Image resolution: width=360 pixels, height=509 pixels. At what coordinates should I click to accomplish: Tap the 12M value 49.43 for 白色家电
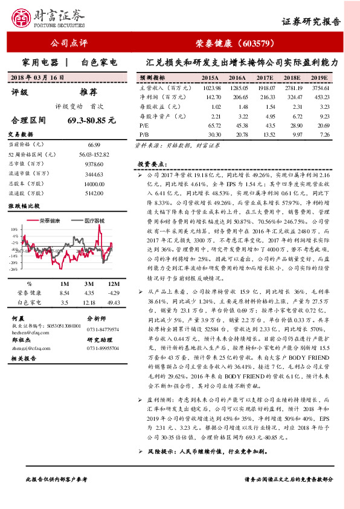(112, 301)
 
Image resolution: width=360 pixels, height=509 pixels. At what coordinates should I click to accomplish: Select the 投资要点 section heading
(150, 164)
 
